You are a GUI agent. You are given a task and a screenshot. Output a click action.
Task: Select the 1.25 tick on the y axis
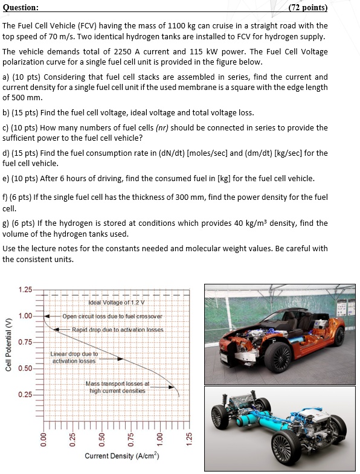click(x=25, y=290)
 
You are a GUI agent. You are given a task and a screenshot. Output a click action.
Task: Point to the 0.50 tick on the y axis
click(x=25, y=368)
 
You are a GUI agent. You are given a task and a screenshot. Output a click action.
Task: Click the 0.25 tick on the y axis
click(x=25, y=395)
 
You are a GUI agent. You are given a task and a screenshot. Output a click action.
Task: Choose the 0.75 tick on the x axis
click(x=130, y=437)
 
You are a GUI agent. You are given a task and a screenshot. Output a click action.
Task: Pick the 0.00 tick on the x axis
click(x=43, y=437)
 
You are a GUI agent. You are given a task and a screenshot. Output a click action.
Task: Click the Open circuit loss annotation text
click(x=112, y=316)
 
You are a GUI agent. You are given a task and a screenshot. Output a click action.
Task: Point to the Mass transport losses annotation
click(x=117, y=387)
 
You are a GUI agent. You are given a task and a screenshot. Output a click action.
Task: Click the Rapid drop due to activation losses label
click(x=118, y=329)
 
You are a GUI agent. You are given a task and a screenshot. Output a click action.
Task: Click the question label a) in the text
click(x=6, y=77)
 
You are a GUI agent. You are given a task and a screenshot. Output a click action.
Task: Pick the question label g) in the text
click(x=6, y=223)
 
